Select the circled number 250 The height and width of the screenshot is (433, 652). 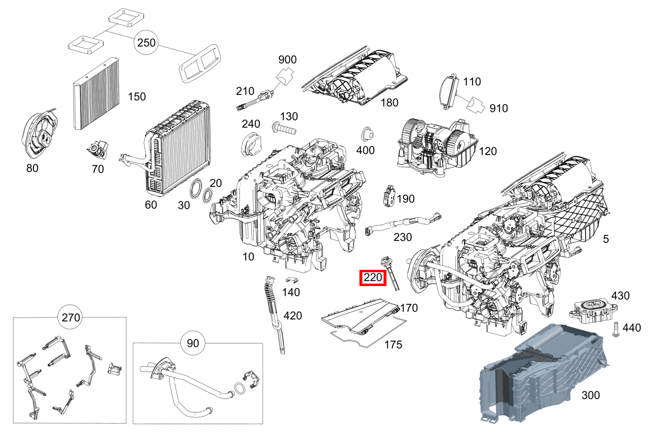[146, 43]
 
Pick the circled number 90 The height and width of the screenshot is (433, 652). [193, 343]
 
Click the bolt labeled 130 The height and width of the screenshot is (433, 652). [284, 130]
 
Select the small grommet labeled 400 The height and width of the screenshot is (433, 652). [366, 134]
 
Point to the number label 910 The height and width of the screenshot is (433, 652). [499, 108]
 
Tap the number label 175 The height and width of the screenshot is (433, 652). [393, 345]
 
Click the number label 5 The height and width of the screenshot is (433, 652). [606, 239]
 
